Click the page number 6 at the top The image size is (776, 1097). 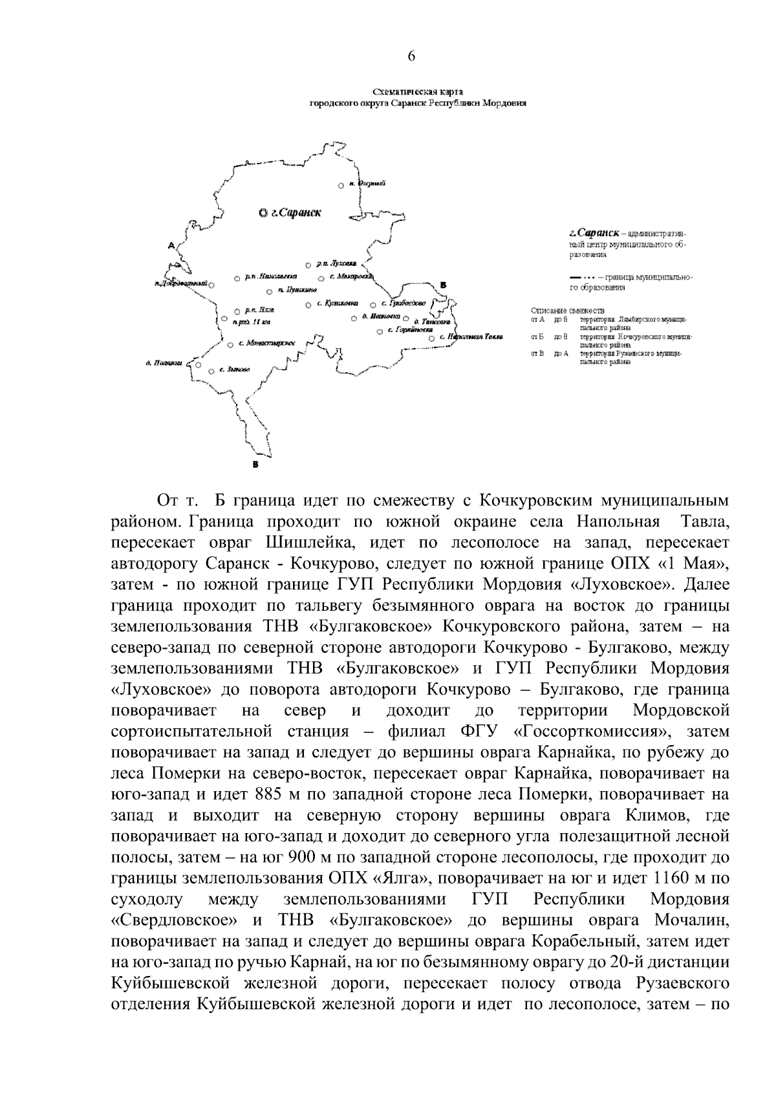pos(411,56)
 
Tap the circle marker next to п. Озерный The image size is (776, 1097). pos(341,186)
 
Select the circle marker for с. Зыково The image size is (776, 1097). pos(211,371)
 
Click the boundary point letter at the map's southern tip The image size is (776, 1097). pos(255,464)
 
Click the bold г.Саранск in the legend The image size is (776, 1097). pos(594,232)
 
